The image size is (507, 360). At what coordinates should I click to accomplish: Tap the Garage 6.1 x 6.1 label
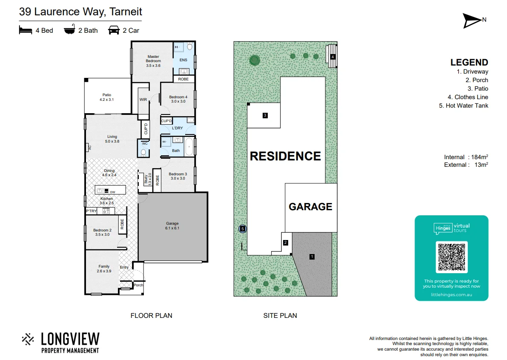[172, 226]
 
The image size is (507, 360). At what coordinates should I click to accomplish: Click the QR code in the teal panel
[452, 257]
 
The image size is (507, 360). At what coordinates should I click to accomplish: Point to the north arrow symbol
[472, 20]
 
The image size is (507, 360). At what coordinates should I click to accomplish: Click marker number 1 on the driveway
[312, 257]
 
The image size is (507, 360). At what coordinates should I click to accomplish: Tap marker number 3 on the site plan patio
[265, 115]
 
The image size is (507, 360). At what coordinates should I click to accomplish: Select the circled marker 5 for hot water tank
[243, 229]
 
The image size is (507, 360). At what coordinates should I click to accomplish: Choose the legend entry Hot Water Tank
[464, 106]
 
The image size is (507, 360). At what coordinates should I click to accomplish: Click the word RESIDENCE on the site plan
[285, 156]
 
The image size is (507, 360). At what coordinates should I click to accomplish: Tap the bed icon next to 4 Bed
[26, 30]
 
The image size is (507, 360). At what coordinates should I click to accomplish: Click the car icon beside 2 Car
[114, 30]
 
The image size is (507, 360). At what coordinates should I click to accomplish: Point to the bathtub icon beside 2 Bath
[69, 30]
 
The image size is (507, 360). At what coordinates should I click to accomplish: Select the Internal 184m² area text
[466, 157]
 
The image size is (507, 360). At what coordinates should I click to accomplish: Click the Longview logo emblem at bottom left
[28, 339]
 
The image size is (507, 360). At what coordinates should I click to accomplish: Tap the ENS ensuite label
[183, 60]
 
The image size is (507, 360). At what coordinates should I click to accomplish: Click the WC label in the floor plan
[144, 143]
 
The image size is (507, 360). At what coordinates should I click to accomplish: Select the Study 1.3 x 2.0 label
[147, 179]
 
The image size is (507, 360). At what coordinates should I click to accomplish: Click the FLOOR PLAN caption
[151, 315]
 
